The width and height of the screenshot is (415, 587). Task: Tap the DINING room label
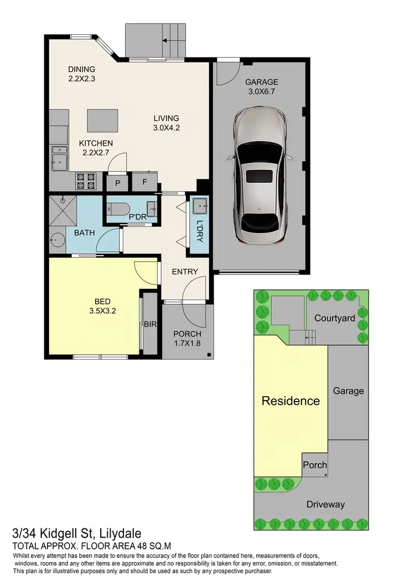(x=82, y=74)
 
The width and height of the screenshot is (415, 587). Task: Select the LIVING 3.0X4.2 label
(x=167, y=123)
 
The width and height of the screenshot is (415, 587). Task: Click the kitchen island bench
(x=103, y=120)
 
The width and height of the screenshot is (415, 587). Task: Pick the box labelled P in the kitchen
(x=117, y=182)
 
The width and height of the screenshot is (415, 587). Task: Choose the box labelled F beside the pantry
(x=144, y=182)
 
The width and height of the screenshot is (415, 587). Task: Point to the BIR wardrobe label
(x=150, y=325)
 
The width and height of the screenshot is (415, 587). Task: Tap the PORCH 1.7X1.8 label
(x=187, y=339)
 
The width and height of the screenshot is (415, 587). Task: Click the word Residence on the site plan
(x=290, y=401)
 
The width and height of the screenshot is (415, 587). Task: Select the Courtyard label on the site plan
(x=334, y=318)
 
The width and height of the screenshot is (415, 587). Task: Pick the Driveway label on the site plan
(x=325, y=504)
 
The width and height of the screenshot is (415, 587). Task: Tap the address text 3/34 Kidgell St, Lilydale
(x=76, y=534)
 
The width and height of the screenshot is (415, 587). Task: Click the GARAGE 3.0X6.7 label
(x=262, y=87)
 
